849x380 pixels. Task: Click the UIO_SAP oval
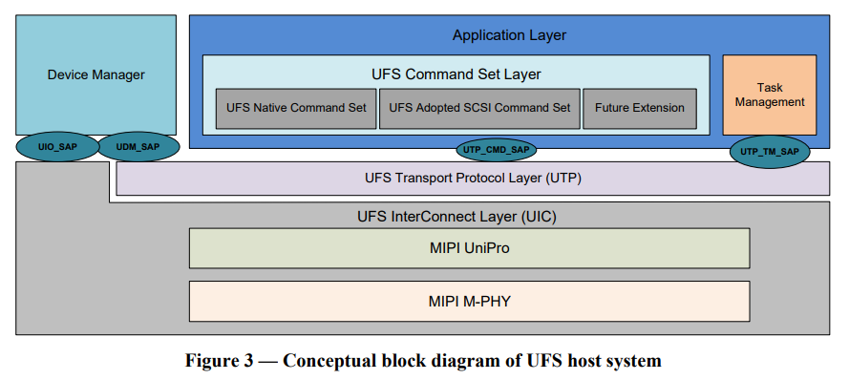click(x=56, y=146)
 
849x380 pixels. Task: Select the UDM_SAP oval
click(x=138, y=146)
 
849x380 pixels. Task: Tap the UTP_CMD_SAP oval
click(x=496, y=150)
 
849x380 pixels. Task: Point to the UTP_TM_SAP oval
click(x=770, y=151)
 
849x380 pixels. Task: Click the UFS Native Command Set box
click(x=296, y=108)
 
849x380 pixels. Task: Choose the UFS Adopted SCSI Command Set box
click(x=479, y=108)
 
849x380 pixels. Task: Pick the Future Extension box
click(x=639, y=108)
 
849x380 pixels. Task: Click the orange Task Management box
click(x=769, y=95)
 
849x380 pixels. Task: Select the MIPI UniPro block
click(x=469, y=248)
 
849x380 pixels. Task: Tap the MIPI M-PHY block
click(x=469, y=301)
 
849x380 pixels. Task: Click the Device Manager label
click(x=96, y=74)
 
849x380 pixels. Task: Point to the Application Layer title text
click(x=509, y=35)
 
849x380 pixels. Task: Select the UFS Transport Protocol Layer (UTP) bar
click(x=473, y=178)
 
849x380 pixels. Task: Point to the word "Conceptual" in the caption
click(x=333, y=361)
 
